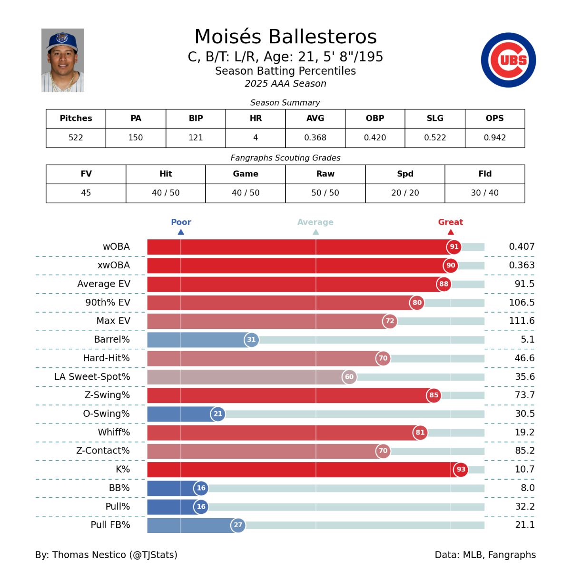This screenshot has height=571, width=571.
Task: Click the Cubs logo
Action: point(508,60)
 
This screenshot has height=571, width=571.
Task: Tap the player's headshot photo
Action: point(63,60)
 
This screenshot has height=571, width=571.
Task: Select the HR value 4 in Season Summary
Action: point(256,138)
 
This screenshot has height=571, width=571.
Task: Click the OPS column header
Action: point(494,118)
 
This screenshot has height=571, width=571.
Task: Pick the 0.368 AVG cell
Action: point(315,138)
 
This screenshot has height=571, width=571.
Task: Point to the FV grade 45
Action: point(86,193)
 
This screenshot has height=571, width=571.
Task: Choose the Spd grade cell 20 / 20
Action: point(405,193)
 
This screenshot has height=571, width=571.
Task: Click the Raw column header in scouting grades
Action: point(325,174)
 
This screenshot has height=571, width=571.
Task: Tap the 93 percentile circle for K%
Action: point(461,470)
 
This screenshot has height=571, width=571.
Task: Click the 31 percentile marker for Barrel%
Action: point(251,340)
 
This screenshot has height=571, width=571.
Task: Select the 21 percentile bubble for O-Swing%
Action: point(218,414)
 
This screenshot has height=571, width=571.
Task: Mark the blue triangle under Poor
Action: point(181,232)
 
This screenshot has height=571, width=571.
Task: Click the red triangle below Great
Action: point(451,232)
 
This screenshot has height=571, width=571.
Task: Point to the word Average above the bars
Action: point(315,222)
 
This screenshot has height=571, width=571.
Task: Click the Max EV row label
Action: point(113,321)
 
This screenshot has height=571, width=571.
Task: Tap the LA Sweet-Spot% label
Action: point(92,377)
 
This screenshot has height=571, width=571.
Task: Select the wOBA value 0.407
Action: point(522,247)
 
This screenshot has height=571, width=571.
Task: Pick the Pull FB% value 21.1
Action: point(525,525)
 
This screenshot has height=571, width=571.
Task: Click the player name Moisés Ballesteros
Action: point(285,37)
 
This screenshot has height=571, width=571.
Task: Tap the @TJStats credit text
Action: point(155,555)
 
